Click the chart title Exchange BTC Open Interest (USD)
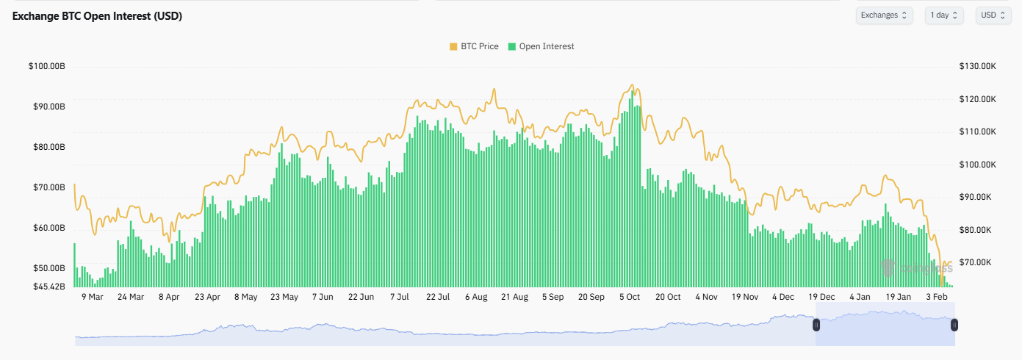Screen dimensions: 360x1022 click(97, 16)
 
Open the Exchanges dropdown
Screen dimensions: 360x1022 click(884, 15)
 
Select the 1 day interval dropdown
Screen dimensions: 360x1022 click(944, 15)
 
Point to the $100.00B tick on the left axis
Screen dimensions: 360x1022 click(47, 67)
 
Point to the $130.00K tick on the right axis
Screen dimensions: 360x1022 click(978, 67)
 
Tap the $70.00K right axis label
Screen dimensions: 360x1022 click(978, 262)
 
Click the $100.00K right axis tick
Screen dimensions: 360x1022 click(978, 165)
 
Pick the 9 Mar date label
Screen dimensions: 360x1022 click(92, 298)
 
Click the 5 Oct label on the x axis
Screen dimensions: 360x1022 click(630, 298)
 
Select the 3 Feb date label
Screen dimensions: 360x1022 click(937, 298)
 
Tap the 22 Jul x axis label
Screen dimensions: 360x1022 click(438, 298)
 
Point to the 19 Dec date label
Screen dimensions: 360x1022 click(821, 298)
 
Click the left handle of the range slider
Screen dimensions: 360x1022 click(816, 324)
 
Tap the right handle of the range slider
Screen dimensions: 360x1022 click(954, 324)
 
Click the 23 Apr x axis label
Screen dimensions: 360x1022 click(208, 298)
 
